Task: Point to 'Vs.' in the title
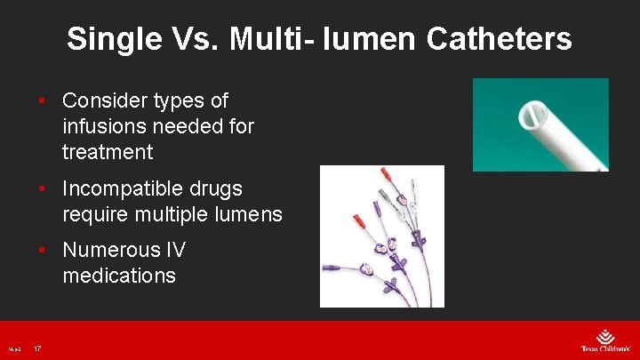coord(193,39)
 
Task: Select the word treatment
coord(108,153)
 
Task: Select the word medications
coord(119,276)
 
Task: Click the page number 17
coord(37,348)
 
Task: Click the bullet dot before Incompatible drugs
coord(43,189)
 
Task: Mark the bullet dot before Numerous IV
coord(43,251)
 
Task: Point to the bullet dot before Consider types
coord(43,101)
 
